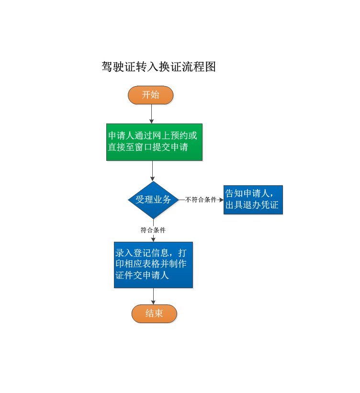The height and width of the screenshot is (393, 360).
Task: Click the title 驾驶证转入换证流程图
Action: coord(159,67)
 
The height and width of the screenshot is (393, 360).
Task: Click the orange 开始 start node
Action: coord(150,95)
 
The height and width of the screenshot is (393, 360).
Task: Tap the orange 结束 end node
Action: coord(154,314)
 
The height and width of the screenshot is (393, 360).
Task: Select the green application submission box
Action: coord(154,142)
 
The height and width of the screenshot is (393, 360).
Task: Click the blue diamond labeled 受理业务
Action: coord(153,200)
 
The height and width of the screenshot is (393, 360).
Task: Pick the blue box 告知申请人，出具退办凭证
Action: coord(253,200)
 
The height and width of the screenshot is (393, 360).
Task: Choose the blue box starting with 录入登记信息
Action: coord(153,264)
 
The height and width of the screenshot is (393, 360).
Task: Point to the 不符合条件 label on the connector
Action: coord(201,200)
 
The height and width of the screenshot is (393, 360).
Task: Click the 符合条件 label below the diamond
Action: coord(153,230)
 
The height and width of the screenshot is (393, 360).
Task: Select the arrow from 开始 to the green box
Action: coord(151,114)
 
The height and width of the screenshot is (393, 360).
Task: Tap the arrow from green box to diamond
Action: coord(153,171)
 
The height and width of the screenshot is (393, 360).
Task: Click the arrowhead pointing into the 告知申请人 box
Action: coord(221,200)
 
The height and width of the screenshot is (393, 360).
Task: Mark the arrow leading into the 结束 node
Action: coord(153,297)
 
